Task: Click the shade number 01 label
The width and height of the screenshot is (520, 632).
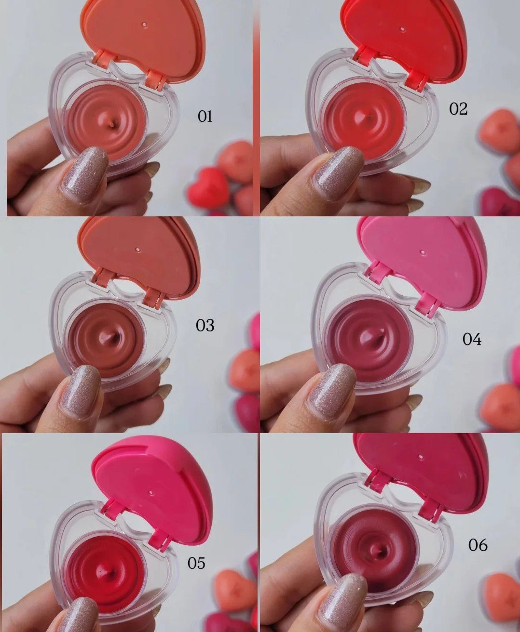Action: coord(205,116)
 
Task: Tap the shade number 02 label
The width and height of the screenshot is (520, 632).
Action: coord(458,109)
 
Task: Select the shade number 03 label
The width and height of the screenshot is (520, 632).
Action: coord(205,326)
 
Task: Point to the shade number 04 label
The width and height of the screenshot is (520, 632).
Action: coord(472,339)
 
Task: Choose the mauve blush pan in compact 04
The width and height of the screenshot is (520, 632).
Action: coord(369,340)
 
